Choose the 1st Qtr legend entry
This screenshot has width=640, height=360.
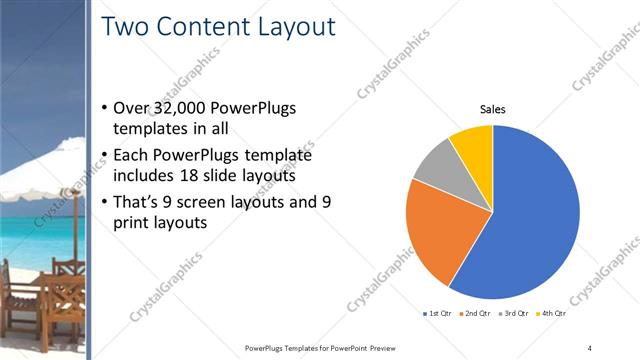point(439,313)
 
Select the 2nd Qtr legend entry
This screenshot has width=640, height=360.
point(474,313)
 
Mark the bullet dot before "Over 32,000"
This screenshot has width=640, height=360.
point(106,108)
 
